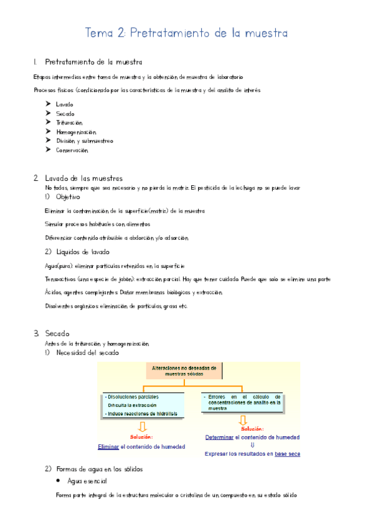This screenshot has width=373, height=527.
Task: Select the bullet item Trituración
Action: [x=68, y=123]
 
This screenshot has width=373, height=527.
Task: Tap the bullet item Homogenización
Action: [x=76, y=132]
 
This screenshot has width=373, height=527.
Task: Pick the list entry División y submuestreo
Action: [x=84, y=141]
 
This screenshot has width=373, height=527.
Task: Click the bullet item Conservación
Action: [x=72, y=150]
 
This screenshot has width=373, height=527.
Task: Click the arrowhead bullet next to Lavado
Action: [x=49, y=104]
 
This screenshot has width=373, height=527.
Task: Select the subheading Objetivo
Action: [x=68, y=197]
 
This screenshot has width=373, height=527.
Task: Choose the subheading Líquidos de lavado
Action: [x=82, y=252]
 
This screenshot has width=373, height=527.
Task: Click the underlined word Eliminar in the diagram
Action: [x=108, y=447]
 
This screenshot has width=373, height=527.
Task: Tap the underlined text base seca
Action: [x=287, y=454]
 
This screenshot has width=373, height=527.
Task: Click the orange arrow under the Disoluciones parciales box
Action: [x=142, y=426]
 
